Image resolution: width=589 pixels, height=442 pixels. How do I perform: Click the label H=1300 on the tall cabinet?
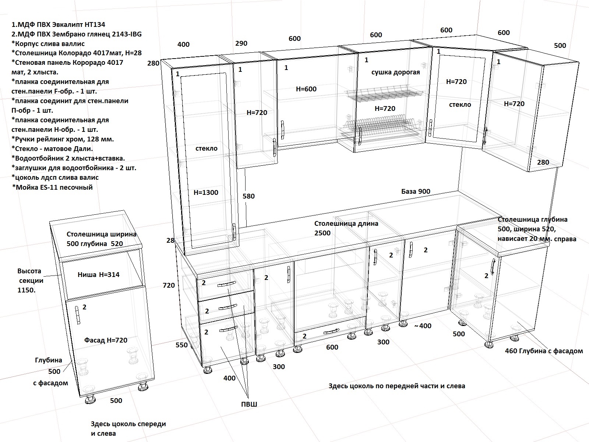point(206,192)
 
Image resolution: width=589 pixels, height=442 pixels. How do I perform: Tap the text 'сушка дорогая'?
point(395,73)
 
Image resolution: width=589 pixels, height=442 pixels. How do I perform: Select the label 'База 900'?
point(416,191)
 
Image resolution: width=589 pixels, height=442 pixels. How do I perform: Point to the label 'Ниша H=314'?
point(99,274)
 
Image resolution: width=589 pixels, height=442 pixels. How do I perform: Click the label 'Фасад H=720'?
point(106,340)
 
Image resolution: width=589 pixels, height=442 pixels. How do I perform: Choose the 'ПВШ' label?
point(249,404)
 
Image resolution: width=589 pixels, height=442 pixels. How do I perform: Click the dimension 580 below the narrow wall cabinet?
point(248,196)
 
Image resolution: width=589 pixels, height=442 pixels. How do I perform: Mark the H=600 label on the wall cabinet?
point(306,89)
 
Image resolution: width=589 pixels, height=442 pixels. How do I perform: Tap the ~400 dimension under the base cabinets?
point(423,326)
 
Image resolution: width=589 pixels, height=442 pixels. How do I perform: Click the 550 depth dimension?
point(181,345)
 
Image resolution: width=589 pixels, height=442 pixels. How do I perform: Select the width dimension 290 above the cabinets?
point(241,43)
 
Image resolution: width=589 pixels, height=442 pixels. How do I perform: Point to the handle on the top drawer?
point(227,284)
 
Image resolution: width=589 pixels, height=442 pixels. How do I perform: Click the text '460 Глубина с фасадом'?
point(544,351)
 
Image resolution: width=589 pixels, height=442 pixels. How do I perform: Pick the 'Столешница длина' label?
point(346,224)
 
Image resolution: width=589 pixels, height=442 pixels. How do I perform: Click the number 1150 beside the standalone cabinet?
point(26,290)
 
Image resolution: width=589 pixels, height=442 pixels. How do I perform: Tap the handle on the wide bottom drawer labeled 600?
point(331,331)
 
